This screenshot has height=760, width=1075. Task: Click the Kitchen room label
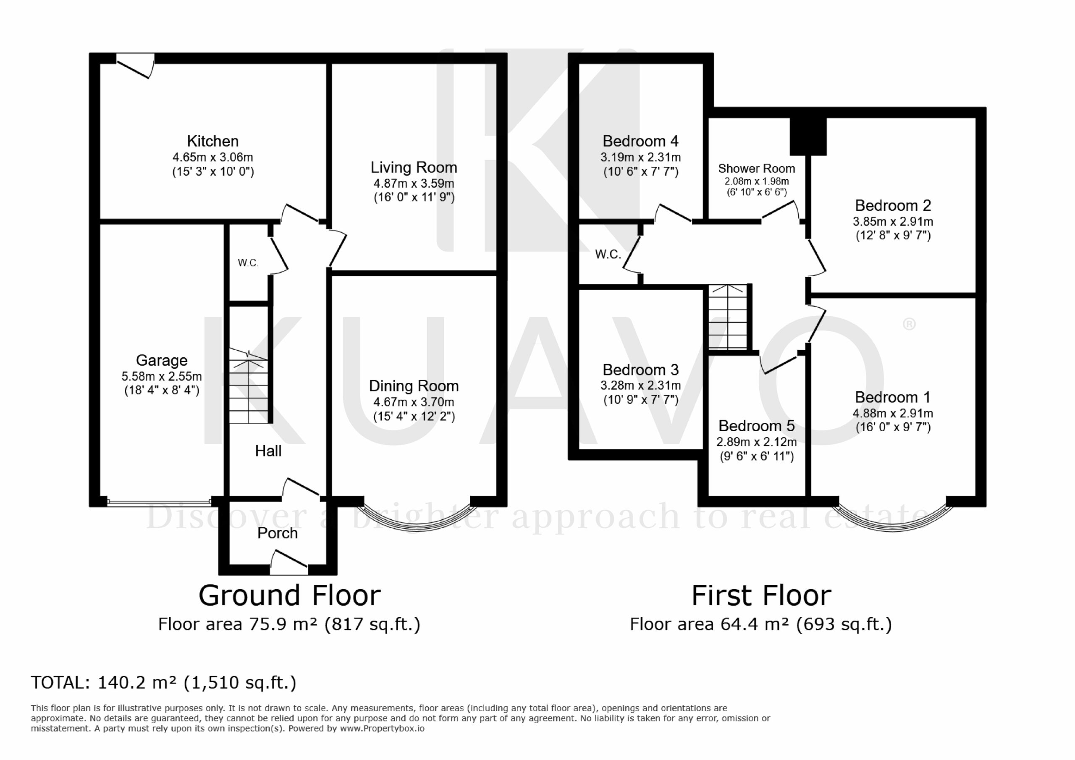coord(212,141)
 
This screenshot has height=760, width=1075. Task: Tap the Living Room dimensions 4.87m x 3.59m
coord(414,183)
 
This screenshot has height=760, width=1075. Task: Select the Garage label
coord(162,360)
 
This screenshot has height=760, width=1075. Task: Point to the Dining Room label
coord(414,386)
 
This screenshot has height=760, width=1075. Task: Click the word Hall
coord(268,451)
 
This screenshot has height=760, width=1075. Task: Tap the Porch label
coord(277,533)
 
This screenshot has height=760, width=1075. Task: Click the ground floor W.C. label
coord(248,263)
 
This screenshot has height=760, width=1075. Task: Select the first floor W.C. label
coord(608,254)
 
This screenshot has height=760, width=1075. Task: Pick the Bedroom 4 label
coord(640,141)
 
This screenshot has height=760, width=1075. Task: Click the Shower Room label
coord(756,168)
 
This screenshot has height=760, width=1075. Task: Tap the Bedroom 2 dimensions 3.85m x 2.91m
coord(893,221)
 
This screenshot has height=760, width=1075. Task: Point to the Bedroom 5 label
coord(756,426)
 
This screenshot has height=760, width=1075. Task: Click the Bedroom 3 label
coord(640,370)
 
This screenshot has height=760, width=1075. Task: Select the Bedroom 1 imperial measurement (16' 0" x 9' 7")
coord(893,427)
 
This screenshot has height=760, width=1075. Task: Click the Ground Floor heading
coord(289,596)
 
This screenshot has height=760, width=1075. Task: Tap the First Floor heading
coord(761,596)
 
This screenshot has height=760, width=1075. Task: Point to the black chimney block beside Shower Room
coord(808,136)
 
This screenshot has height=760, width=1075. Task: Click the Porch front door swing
coord(289,562)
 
